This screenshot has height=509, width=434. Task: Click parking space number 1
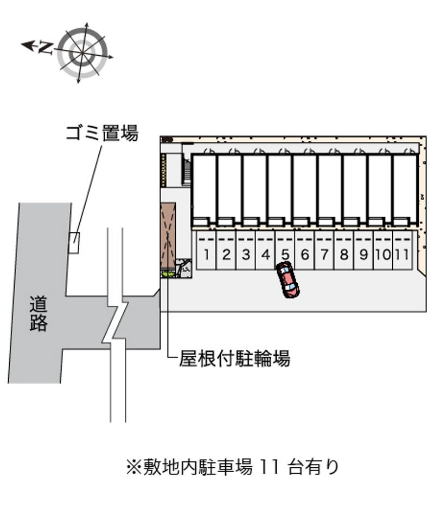point(206,250)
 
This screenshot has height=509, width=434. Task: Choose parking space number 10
point(383,250)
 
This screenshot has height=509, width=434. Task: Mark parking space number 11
point(403,250)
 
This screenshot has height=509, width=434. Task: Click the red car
point(288,279)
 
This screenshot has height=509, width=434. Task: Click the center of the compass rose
point(82,53)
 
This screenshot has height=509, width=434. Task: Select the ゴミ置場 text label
point(102,133)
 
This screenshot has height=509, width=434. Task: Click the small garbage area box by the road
point(74,243)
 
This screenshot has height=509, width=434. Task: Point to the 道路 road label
point(39,314)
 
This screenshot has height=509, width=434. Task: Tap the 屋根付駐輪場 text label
point(234,358)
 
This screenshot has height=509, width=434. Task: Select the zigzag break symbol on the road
point(116,321)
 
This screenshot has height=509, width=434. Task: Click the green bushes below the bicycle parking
point(168,274)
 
